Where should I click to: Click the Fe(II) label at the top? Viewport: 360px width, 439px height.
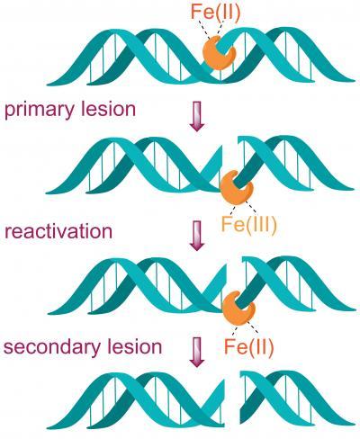tap(215, 14)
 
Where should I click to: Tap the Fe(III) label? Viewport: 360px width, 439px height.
tap(248, 224)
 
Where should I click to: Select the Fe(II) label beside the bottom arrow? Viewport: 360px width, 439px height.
tap(249, 346)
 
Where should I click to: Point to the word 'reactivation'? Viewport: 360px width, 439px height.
tap(58, 231)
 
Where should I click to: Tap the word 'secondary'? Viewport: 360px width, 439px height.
tap(52, 347)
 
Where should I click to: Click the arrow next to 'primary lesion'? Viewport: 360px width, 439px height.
tap(197, 116)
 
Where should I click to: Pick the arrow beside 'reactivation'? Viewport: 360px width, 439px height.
tap(197, 236)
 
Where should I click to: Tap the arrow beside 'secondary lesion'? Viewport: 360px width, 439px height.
tap(197, 353)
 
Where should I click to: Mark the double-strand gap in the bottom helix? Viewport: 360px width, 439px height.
tap(232, 399)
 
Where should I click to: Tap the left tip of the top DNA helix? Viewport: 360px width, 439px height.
tap(48, 85)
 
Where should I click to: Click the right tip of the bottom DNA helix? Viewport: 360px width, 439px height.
tap(354, 425)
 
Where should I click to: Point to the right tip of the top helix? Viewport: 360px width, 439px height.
tap(355, 80)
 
